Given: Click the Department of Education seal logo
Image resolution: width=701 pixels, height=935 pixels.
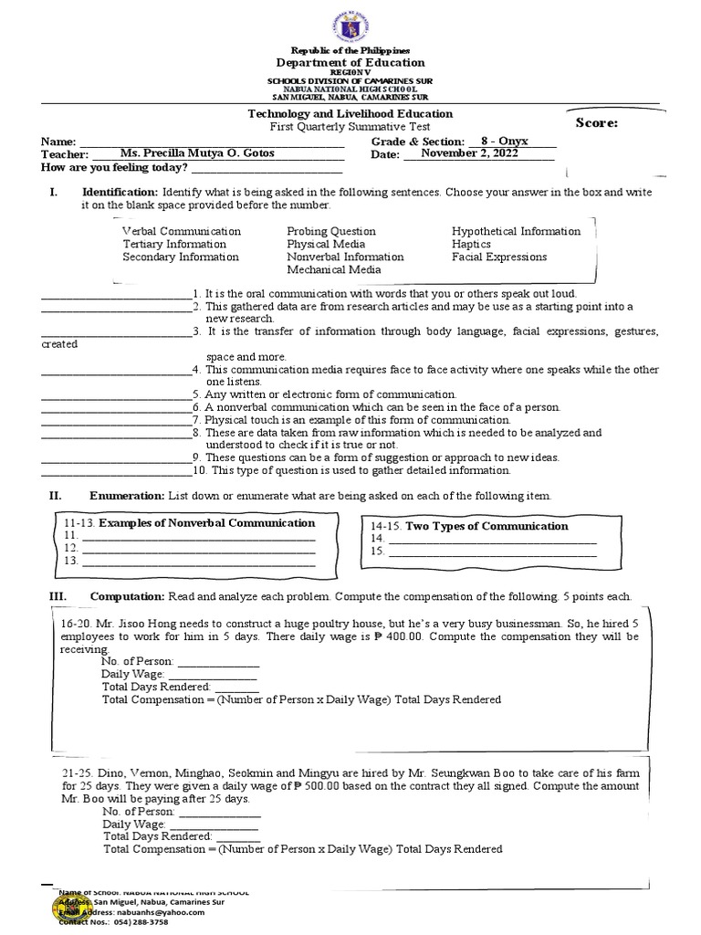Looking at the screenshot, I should click(350, 20).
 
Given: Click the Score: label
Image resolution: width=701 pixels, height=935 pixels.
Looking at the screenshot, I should click(596, 123).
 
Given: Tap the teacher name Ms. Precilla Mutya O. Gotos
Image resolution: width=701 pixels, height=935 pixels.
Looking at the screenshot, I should click(196, 153).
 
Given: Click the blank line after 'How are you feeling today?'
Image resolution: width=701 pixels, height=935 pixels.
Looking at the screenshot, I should click(265, 168).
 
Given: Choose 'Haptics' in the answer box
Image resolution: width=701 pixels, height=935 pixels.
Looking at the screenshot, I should click(471, 245).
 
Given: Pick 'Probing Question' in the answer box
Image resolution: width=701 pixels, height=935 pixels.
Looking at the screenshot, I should click(331, 232).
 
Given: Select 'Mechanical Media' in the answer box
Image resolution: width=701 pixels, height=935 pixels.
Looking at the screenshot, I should click(334, 270).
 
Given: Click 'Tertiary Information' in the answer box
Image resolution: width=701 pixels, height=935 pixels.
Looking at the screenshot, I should click(174, 245).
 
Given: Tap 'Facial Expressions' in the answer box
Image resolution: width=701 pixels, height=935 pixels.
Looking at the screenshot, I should click(499, 257).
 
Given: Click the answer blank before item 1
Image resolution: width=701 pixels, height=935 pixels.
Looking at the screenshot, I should click(115, 294).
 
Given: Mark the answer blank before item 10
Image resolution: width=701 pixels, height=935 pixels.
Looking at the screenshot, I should click(115, 470).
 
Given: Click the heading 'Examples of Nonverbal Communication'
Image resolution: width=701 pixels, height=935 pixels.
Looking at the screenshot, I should click(206, 523).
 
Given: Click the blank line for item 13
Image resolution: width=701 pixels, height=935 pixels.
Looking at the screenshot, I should click(198, 561).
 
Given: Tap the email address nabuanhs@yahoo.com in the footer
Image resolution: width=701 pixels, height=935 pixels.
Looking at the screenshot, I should click(127, 911).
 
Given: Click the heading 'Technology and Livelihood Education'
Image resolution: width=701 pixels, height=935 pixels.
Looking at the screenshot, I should click(350, 114).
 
